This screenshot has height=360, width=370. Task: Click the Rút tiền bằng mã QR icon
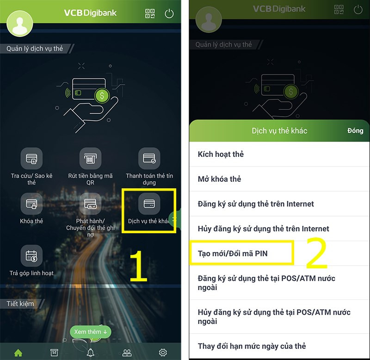pyautogui.click(x=91, y=159)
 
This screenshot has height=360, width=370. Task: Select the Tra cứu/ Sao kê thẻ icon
pyautogui.click(x=31, y=159)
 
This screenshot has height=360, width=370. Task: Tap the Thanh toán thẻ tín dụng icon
pyautogui.click(x=149, y=159)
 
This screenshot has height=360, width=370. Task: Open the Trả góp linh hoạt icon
pyautogui.click(x=31, y=255)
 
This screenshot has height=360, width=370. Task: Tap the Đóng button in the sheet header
pyautogui.click(x=355, y=131)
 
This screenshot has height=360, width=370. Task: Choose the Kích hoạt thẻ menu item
pyautogui.click(x=221, y=154)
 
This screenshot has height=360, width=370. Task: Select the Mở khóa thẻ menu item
pyautogui.click(x=220, y=179)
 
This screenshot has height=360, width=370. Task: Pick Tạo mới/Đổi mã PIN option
pyautogui.click(x=233, y=253)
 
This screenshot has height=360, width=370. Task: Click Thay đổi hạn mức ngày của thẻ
pyautogui.click(x=252, y=346)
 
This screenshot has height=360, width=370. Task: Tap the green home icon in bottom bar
pyautogui.click(x=18, y=353)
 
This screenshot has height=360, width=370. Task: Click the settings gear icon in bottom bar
pyautogui.click(x=163, y=353)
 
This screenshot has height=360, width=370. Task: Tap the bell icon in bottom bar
pyautogui.click(x=91, y=353)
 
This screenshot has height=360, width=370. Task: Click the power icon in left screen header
pyautogui.click(x=169, y=13)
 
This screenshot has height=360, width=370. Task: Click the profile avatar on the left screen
pyautogui.click(x=19, y=23)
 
